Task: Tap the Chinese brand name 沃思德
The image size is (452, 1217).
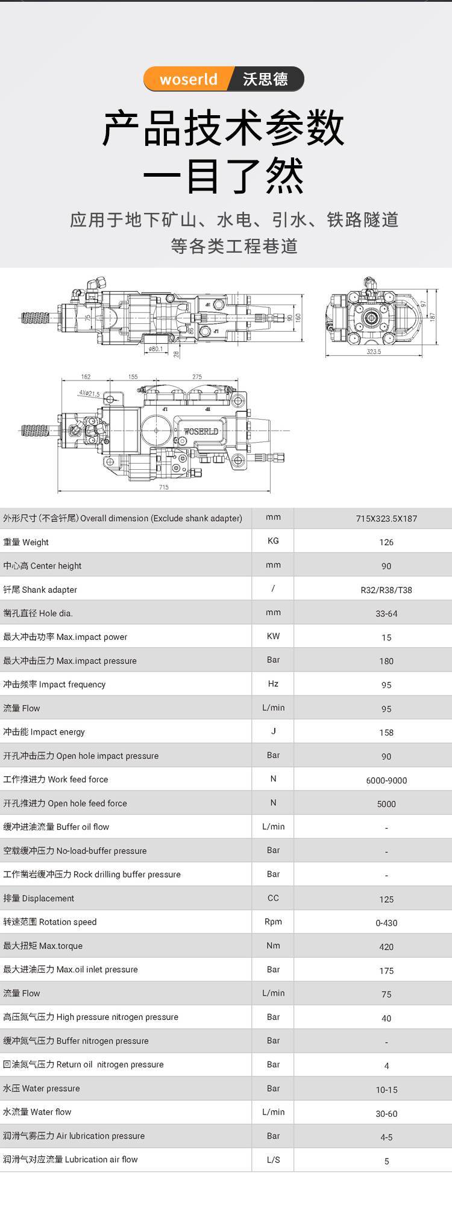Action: tap(265, 80)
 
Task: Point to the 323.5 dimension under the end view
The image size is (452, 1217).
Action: tap(374, 352)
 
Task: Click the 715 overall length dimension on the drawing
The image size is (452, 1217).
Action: tap(164, 487)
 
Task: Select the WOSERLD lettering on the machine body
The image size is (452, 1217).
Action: tap(201, 432)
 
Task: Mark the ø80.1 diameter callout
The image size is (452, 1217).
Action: tap(155, 349)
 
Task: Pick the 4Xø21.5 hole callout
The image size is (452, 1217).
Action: tap(89, 393)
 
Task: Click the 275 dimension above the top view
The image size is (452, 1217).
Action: tap(197, 377)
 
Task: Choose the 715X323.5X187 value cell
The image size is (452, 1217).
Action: tap(386, 519)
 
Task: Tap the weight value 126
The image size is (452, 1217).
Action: tap(386, 542)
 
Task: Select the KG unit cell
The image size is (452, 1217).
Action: tap(273, 541)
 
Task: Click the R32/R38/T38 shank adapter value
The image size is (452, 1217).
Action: tap(386, 590)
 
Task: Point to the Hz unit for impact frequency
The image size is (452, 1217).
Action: tap(273, 684)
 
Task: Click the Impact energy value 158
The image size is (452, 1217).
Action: tap(386, 733)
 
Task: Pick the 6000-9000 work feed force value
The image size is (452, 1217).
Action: tap(386, 780)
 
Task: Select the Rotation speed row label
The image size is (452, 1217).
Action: tap(50, 922)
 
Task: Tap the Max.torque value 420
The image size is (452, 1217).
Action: tap(386, 947)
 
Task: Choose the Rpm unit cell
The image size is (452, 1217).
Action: tap(273, 921)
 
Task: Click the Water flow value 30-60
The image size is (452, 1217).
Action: tap(386, 1114)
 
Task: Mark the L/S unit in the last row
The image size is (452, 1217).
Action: tap(273, 1160)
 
